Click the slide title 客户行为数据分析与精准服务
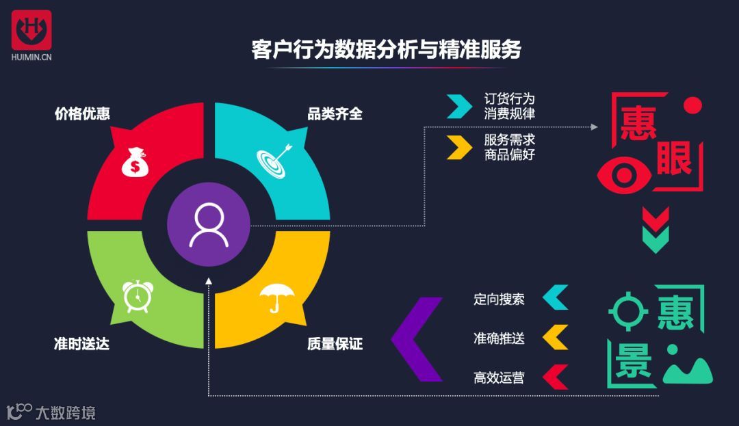(x=387, y=50)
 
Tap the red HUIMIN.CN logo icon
(x=31, y=29)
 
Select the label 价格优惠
(x=82, y=114)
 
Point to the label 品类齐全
(x=335, y=114)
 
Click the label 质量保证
(x=335, y=343)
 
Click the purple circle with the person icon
(x=209, y=224)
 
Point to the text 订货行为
(x=509, y=99)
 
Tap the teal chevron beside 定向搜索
(x=555, y=297)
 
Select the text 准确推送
(x=499, y=338)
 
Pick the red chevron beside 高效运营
(x=555, y=377)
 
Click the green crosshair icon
(x=628, y=311)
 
